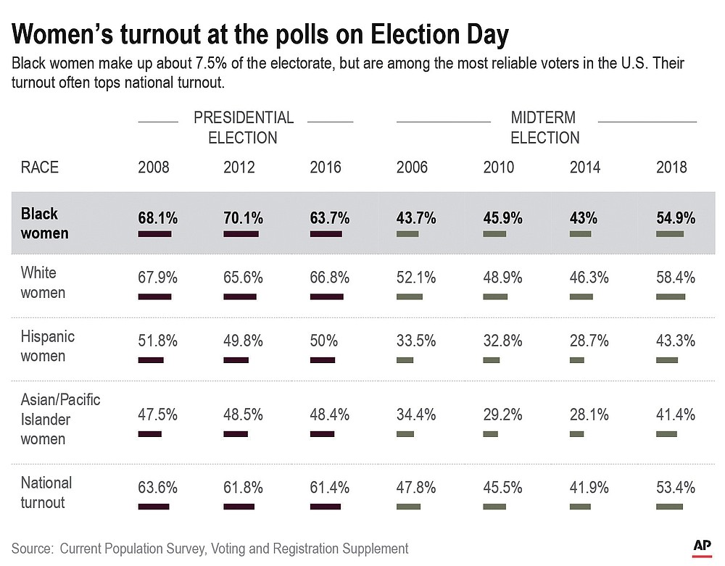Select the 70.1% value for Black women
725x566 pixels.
click(244, 217)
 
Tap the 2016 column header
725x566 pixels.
click(325, 167)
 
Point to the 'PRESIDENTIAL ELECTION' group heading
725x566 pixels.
click(244, 127)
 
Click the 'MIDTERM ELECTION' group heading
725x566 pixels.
click(544, 127)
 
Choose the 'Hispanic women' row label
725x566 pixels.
click(47, 346)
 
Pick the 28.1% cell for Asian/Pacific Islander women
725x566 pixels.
click(589, 415)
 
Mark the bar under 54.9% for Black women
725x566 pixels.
click(670, 234)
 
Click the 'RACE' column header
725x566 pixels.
click(40, 167)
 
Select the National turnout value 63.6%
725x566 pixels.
click(157, 486)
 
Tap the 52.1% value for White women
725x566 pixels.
click(415, 278)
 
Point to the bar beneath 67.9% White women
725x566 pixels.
click(154, 296)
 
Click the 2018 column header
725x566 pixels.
click(671, 167)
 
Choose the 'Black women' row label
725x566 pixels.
click(45, 223)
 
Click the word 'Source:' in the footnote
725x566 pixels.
click(33, 549)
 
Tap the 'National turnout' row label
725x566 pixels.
click(46, 492)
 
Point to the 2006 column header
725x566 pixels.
click(412, 167)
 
